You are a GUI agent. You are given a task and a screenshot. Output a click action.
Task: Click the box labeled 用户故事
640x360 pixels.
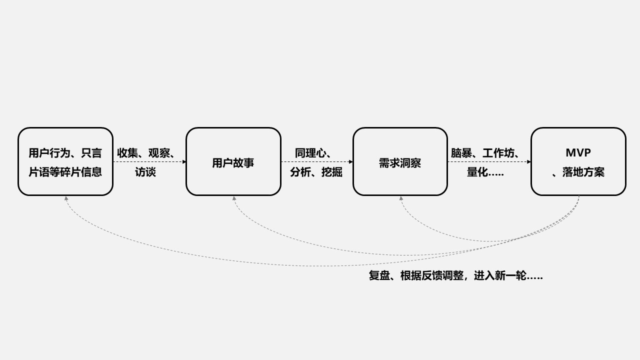[233, 162]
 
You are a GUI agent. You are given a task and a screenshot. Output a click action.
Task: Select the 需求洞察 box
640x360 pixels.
[400, 162]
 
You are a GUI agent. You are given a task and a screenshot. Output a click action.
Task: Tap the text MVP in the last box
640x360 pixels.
[578, 152]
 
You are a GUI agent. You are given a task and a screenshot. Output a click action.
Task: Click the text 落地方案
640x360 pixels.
[583, 172]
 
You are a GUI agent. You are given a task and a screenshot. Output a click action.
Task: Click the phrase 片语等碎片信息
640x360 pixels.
[65, 172]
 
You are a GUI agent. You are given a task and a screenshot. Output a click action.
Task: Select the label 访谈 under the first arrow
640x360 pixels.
[145, 172]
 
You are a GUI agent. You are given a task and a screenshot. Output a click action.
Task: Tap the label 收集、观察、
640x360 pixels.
[145, 153]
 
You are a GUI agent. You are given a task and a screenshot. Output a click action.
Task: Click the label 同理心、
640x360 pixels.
[313, 153]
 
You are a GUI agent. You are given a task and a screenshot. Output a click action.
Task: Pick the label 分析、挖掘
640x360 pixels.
[316, 172]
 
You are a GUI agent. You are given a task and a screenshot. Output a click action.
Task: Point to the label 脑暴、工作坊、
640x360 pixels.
[485, 153]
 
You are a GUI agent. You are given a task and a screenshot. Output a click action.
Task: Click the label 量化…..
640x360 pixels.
[485, 172]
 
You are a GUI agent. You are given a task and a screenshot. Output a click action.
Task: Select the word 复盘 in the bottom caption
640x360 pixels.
[379, 275]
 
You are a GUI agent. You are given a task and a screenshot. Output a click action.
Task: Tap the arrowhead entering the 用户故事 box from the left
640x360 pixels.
[184, 161]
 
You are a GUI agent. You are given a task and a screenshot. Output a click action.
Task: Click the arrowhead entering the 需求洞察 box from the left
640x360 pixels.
[351, 161]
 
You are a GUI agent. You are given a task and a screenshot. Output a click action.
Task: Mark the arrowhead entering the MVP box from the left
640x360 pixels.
[528, 161]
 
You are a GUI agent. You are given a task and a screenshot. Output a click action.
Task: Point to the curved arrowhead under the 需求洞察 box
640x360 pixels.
[401, 198]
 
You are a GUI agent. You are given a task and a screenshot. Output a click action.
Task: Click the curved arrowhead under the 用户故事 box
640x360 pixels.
[234, 198]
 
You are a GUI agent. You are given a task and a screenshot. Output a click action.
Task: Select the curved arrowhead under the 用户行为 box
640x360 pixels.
[66, 198]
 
